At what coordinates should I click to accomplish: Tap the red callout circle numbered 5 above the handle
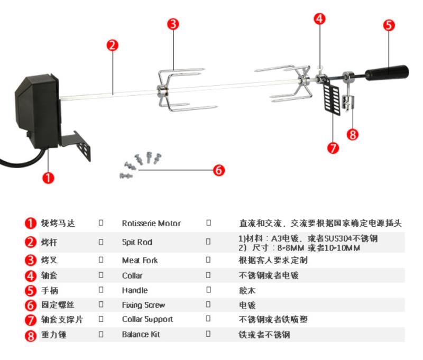point(389,25)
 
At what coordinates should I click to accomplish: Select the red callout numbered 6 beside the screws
point(219,170)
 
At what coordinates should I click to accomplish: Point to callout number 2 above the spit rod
point(112,45)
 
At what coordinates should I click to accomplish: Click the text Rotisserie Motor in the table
point(151,224)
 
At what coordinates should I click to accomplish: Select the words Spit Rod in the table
point(137,242)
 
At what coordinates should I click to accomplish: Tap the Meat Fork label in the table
point(140,260)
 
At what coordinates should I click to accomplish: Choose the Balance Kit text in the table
point(141,335)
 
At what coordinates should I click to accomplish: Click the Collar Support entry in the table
point(148,319)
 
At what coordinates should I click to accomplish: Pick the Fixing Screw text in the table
point(143,305)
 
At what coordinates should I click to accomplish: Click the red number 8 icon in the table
point(31,335)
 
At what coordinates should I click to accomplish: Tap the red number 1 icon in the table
point(31,224)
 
